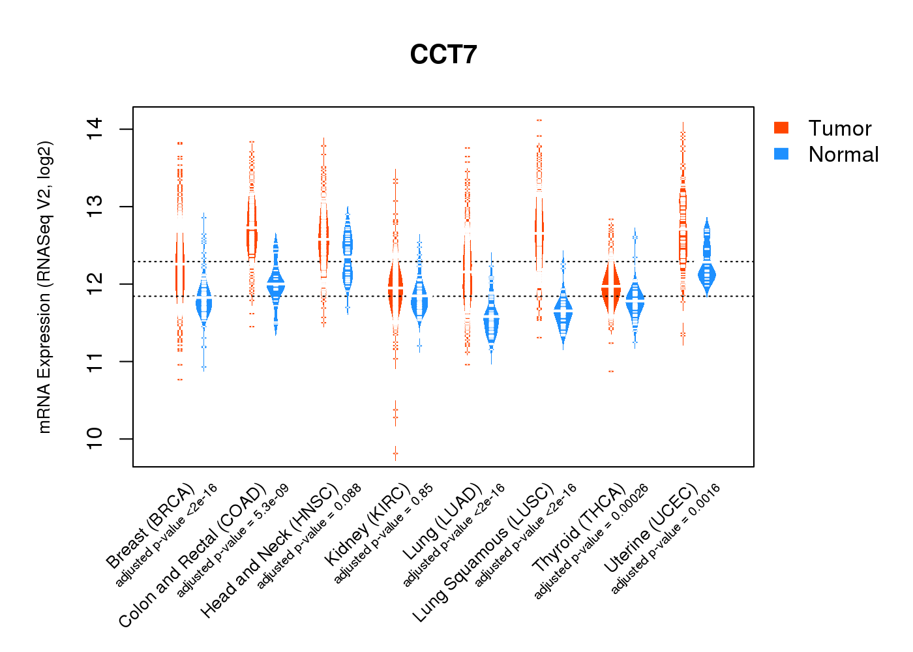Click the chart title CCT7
[x=443, y=55]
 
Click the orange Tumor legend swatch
[x=781, y=128]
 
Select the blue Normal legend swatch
[x=781, y=154]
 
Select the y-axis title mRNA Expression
[x=44, y=287]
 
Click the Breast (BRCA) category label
[x=151, y=526]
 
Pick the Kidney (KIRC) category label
[x=367, y=525]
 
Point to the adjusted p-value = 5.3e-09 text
[x=233, y=541]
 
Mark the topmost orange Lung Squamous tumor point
[x=539, y=121]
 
